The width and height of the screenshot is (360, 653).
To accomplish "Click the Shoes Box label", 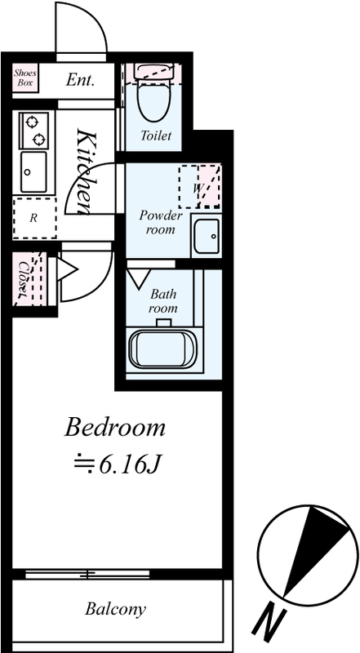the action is (25, 78).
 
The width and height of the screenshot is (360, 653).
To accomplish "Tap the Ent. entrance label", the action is (81, 80).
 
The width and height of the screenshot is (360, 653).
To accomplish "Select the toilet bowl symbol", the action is (154, 100).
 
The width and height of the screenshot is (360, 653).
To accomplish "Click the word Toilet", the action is (156, 135).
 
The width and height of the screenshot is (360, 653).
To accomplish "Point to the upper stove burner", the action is (31, 122).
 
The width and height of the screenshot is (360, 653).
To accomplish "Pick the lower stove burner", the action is (38, 139).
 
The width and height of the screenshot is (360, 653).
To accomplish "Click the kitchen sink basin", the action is (33, 171).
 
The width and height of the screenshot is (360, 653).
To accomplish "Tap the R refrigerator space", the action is (34, 218).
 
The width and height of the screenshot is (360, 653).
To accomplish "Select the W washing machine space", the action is (199, 187).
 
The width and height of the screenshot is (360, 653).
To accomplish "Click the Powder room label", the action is (160, 222).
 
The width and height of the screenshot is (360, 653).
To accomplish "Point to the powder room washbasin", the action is (207, 236).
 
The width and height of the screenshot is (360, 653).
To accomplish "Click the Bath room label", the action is (163, 301).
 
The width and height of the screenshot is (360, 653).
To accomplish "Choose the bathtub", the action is (163, 349).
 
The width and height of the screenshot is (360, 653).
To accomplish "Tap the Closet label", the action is (24, 278).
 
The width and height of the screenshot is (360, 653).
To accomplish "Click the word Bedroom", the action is (114, 428).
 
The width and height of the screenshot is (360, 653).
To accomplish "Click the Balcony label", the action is (115, 609).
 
